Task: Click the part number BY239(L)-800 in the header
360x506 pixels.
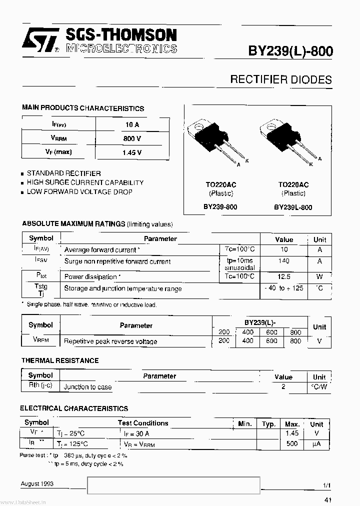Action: (290, 51)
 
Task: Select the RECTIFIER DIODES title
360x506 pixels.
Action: (280, 79)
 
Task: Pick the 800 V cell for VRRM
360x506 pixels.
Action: (132, 138)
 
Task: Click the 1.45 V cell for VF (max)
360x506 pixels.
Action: (132, 152)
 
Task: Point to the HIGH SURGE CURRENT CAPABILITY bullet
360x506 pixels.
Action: (85, 182)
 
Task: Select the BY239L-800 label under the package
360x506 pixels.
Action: (293, 207)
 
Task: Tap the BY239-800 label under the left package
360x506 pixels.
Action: (220, 206)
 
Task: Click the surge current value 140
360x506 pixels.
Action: (284, 261)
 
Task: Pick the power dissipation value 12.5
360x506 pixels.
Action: (284, 276)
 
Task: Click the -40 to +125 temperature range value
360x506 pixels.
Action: (284, 288)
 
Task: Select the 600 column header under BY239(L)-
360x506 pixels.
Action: (271, 332)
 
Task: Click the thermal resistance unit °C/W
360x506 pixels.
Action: (319, 387)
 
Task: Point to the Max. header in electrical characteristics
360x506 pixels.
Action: (292, 424)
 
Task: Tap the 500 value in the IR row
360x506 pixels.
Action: (292, 443)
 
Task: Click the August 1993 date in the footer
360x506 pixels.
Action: (37, 484)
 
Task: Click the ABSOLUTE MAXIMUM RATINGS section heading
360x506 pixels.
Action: (73, 224)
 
